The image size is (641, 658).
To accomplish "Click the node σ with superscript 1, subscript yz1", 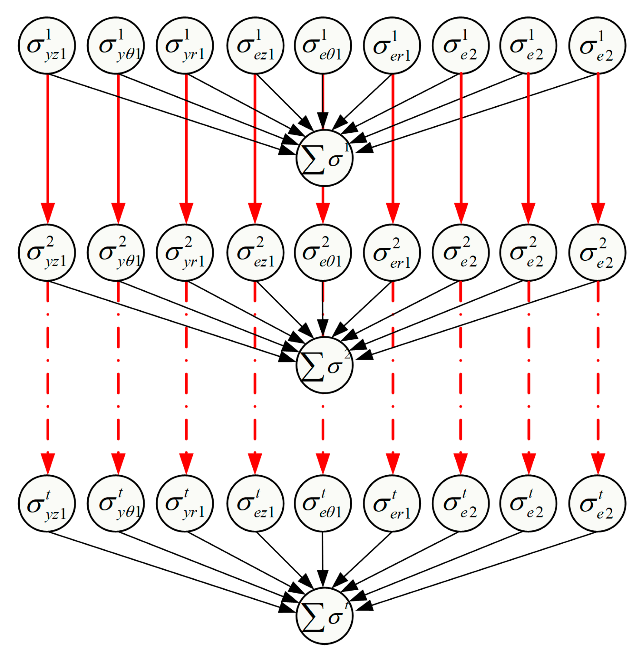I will coord(47,45).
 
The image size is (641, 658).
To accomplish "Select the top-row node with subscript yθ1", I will coord(116,45).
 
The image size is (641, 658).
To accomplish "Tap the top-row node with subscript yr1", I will coord(185,45).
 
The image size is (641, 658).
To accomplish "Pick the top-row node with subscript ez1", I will coord(256,45).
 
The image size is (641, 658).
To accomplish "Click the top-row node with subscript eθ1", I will coord(323,45).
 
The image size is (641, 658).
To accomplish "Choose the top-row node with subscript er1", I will coord(392,45).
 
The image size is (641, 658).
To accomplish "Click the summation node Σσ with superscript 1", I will coord(325,158).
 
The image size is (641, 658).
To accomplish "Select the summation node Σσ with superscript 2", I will coord(325,365).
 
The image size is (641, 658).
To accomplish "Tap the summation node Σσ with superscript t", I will coord(325,616).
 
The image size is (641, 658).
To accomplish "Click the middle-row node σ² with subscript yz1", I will coord(47,252).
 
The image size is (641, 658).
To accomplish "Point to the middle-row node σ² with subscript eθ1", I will coord(323,252).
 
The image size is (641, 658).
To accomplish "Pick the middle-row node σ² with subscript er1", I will coord(392,252).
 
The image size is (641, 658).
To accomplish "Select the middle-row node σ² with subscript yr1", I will coord(185,252).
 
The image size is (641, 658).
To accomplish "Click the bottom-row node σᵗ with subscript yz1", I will coord(47,504).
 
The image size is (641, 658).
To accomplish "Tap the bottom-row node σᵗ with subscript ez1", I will coord(256,504).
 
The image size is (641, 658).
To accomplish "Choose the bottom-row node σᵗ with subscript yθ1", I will coord(116,504).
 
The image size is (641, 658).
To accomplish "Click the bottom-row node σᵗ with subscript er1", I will coord(392,504).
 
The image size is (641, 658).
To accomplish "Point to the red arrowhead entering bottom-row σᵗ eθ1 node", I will coord(323,463).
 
